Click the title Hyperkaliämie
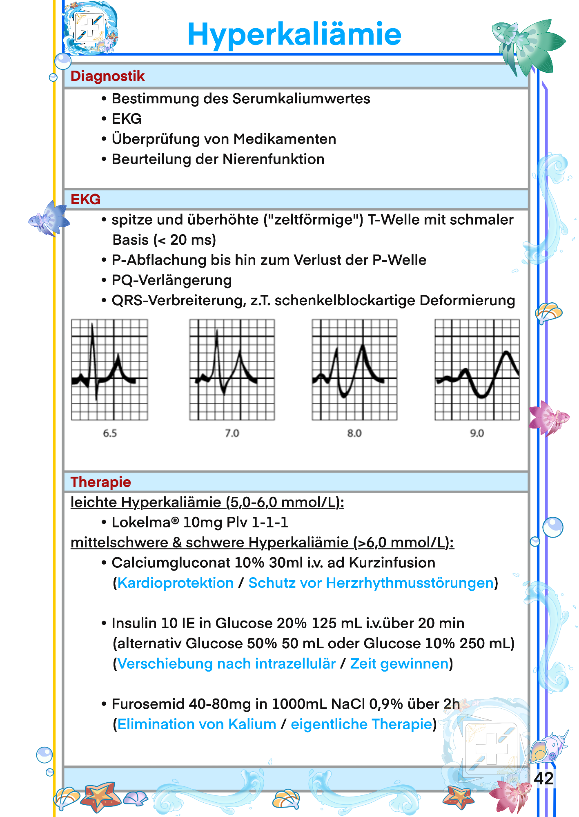tap(294, 34)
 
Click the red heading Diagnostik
tap(107, 76)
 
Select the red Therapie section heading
tap(100, 482)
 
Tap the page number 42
tap(543, 778)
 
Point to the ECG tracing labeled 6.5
tap(109, 370)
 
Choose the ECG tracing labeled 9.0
tap(477, 370)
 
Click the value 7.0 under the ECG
tap(232, 433)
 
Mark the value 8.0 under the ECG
tap(354, 433)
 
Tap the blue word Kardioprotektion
tap(176, 583)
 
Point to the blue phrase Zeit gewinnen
tap(399, 664)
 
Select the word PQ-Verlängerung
tap(171, 280)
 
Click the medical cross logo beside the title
tap(90, 29)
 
